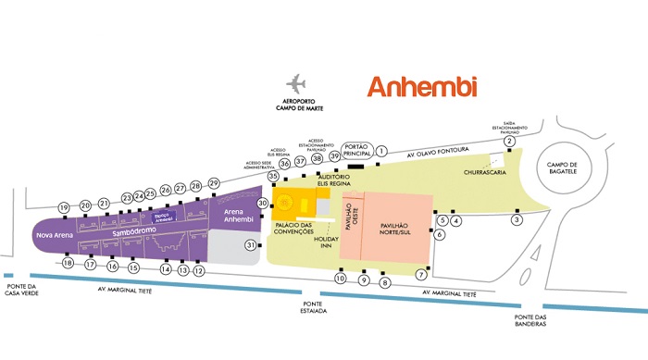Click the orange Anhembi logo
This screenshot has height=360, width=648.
point(421,87)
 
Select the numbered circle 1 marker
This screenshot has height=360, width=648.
point(380,150)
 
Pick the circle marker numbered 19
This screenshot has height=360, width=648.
point(64,207)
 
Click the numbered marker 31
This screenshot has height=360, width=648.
point(250,245)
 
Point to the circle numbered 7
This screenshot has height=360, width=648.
point(421,275)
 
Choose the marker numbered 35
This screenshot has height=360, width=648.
point(273,176)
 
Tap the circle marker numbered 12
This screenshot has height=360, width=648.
point(199,270)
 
